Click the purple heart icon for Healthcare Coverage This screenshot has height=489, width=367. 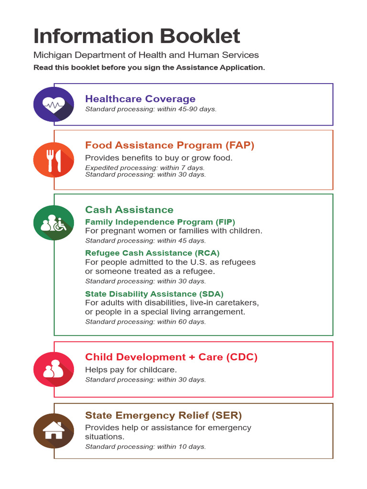click(54, 104)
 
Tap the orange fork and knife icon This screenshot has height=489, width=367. click(54, 160)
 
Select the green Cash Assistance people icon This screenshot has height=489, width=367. click(54, 223)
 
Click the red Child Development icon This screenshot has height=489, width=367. click(54, 369)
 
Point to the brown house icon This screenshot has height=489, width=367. click(54, 431)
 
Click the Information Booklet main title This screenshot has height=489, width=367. click(137, 36)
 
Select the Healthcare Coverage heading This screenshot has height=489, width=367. click(140, 99)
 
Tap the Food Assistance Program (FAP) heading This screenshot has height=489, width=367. click(170, 145)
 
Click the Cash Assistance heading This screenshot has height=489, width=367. click(129, 210)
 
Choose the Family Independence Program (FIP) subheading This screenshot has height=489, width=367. click(160, 222)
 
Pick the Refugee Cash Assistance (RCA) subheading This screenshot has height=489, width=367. click(152, 253)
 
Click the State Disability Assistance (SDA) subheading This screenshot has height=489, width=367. click(154, 294)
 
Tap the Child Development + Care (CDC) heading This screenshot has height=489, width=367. click(171, 357)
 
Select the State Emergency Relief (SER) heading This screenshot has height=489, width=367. click(163, 415)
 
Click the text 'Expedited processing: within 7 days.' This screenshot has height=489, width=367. click(145, 168)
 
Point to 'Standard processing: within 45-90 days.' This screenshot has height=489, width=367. click(151, 109)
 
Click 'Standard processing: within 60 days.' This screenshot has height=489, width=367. click(145, 322)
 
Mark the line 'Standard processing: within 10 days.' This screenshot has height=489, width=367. click(145, 447)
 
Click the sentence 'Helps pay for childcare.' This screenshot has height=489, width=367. click(131, 370)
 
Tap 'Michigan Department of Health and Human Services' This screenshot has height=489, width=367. click(146, 55)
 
